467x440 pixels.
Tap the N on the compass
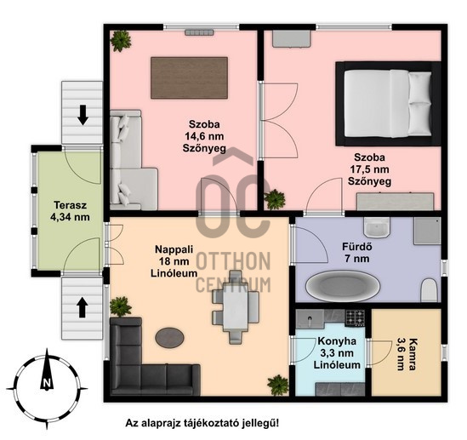pos(46,382)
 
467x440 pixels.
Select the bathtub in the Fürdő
pos(343,286)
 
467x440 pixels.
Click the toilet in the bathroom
pos(429,290)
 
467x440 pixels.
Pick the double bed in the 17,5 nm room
pos(388,103)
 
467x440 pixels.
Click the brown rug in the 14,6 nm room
pos(189,77)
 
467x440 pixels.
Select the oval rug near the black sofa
pos(169,338)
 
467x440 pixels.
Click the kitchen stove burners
pos(355,317)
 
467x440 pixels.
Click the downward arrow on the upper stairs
pos(83,115)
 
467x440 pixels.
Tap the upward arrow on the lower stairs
pos(83,308)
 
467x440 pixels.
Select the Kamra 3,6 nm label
pos(407,354)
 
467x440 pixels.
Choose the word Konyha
pos(337,341)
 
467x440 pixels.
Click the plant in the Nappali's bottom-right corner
pos(278,385)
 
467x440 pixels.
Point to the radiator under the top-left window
pos(199,32)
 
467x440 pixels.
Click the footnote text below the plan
pos(202,423)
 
